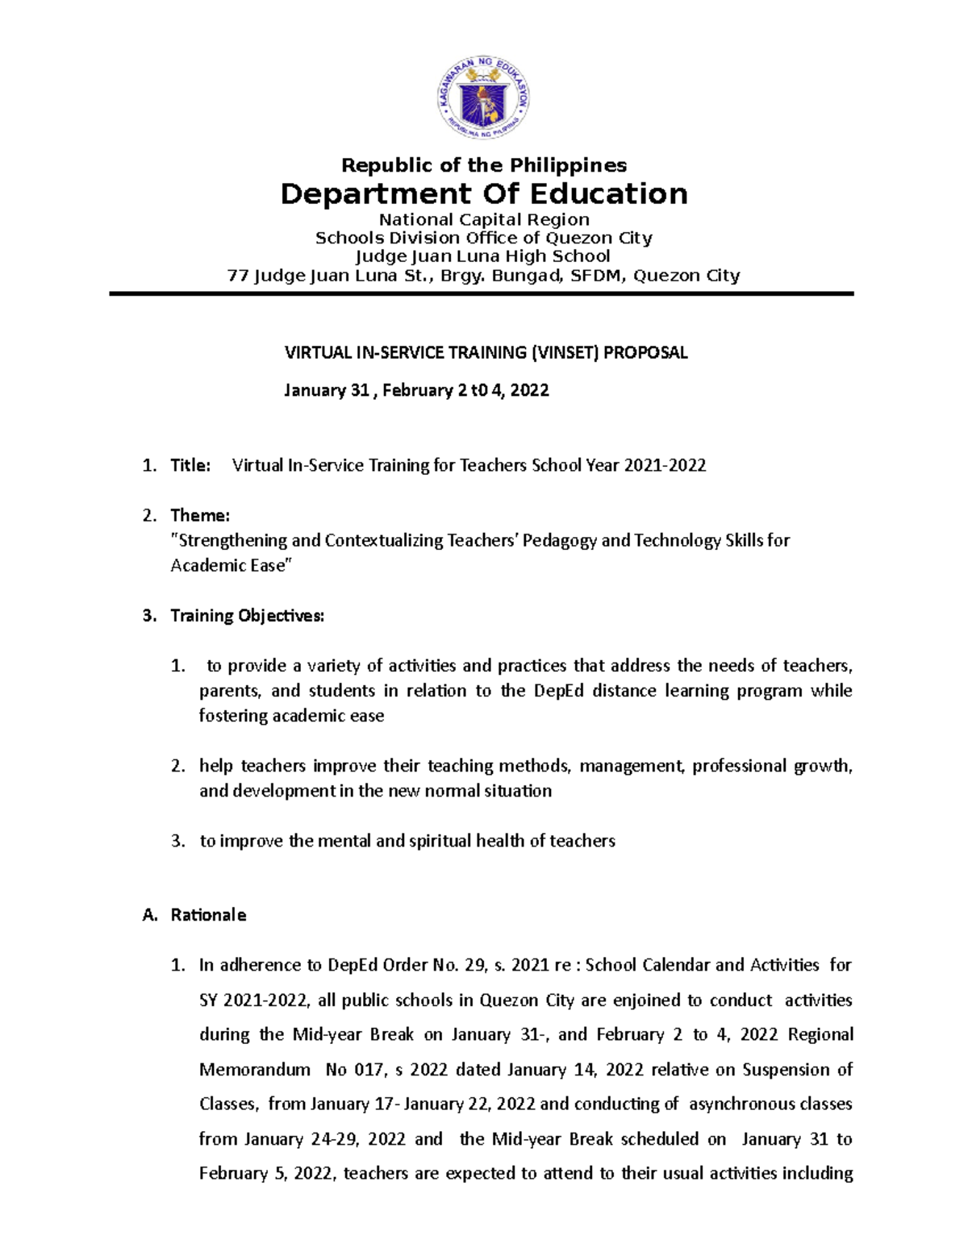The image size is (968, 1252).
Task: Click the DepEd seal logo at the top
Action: pos(483,100)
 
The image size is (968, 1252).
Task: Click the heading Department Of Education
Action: pos(483,194)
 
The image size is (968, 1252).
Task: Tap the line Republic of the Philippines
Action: pos(483,165)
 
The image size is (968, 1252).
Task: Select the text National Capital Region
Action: pos(484,219)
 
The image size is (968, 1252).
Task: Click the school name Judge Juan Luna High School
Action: pos(483,256)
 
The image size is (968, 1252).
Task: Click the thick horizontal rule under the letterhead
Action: pos(482,294)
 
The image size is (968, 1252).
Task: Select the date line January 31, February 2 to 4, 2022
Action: pos(416,390)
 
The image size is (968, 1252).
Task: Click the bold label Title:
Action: pos(190,465)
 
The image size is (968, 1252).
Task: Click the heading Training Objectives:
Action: pos(247,616)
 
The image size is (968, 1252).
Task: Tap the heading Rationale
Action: pos(208,915)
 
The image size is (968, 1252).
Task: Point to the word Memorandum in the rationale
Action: pos(255,1070)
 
